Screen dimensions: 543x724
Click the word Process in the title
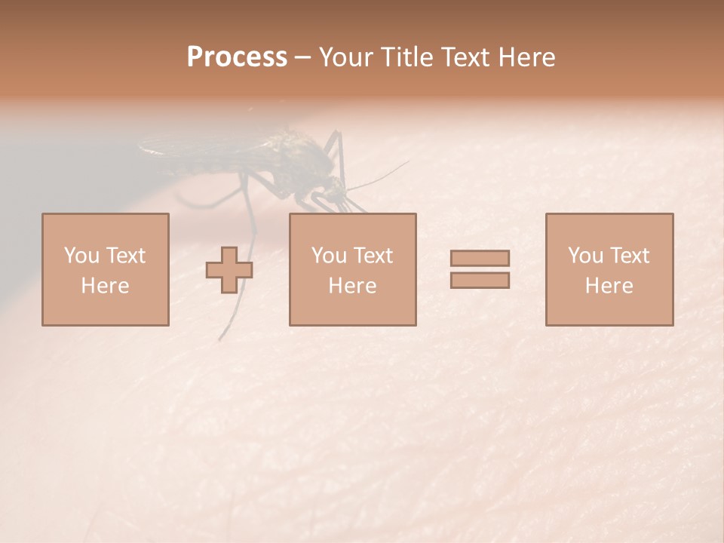tap(237, 57)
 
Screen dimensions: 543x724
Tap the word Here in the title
tap(526, 57)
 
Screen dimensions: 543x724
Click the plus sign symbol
tap(229, 270)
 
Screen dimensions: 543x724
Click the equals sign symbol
tap(480, 269)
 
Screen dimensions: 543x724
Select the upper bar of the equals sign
tap(480, 258)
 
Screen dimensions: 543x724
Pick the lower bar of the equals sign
tap(480, 281)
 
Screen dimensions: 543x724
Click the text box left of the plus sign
tap(105, 269)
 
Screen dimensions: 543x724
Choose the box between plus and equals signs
tap(352, 269)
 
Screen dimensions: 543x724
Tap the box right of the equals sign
tap(609, 269)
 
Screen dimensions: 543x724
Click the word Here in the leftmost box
tap(105, 286)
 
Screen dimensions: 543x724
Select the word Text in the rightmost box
tap(629, 256)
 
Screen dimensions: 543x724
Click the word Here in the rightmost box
tap(609, 286)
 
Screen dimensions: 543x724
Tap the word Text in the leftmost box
tap(124, 256)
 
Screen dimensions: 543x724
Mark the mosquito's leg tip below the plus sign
tap(222, 336)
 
